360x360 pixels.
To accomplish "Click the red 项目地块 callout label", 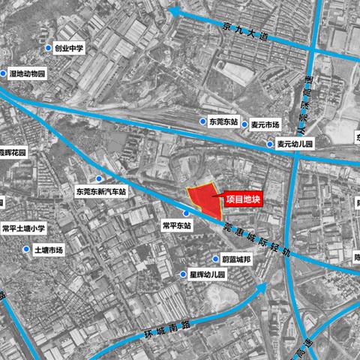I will tap(244, 199).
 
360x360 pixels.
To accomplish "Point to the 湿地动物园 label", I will tap(27, 74).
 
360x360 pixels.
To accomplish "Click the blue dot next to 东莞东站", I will tap(202, 121).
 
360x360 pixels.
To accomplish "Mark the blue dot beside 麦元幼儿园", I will tap(270, 144).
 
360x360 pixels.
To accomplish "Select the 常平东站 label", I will tap(177, 224).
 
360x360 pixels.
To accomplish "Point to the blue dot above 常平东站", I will tap(184, 213).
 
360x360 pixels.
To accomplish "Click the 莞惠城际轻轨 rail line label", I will tap(256, 239).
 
